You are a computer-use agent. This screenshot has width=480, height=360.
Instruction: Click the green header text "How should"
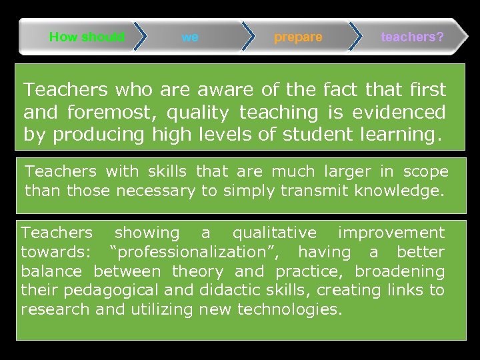87,37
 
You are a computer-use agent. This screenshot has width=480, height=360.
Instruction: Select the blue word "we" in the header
190,37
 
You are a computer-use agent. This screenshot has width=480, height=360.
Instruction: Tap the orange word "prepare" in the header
298,37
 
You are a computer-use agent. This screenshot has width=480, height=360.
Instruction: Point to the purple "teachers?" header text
412,37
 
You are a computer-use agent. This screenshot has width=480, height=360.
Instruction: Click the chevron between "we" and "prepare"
247,37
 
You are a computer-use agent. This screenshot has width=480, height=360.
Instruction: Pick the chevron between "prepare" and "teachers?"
356,37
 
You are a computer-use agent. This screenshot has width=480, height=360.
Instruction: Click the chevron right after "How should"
139,37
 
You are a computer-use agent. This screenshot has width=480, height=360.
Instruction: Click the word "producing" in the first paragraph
98,135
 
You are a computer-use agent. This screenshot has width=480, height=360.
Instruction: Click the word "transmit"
261,191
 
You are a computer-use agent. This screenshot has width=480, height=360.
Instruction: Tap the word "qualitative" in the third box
275,233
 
